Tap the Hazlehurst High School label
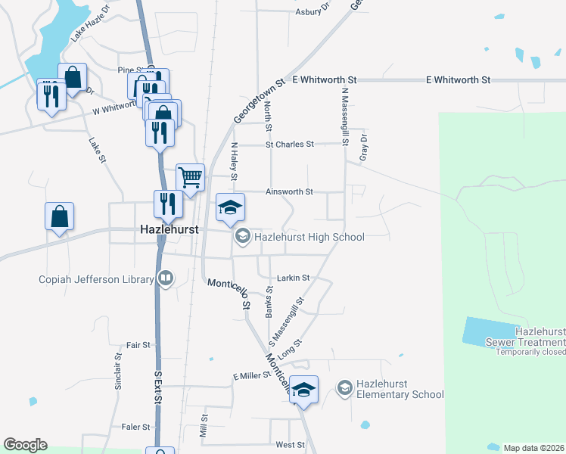(309, 237)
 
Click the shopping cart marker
(191, 178)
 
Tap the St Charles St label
(289, 144)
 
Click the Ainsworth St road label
(289, 192)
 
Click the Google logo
(25, 445)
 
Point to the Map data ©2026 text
(533, 448)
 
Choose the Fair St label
(138, 345)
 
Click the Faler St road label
(136, 427)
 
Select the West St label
(290, 445)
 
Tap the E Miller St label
(252, 376)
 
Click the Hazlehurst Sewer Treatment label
(540, 337)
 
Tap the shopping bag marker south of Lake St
(60, 217)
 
